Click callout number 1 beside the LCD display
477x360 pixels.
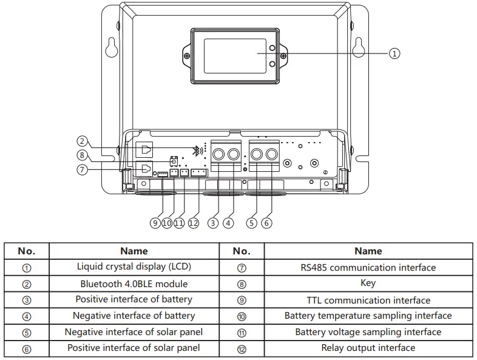tap(394, 53)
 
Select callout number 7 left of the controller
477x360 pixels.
tap(83, 169)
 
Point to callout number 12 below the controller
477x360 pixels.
tap(194, 223)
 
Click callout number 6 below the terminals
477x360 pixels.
tap(266, 223)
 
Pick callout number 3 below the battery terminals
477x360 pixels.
tap(212, 223)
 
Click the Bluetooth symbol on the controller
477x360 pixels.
tap(196, 151)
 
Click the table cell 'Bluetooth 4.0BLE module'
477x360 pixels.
tap(134, 284)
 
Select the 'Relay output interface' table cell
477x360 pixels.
tap(368, 348)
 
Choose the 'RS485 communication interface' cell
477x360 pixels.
tap(368, 267)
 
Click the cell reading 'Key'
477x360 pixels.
tap(368, 283)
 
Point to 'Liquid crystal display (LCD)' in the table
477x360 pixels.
tap(134, 267)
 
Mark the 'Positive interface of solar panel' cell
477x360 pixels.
tap(134, 348)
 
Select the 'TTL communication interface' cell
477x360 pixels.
tap(368, 300)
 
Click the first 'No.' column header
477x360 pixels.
tap(27, 251)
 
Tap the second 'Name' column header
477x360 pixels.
tap(368, 251)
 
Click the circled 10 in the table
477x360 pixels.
tap(242, 316)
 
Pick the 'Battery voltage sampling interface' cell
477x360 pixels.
tap(368, 332)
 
